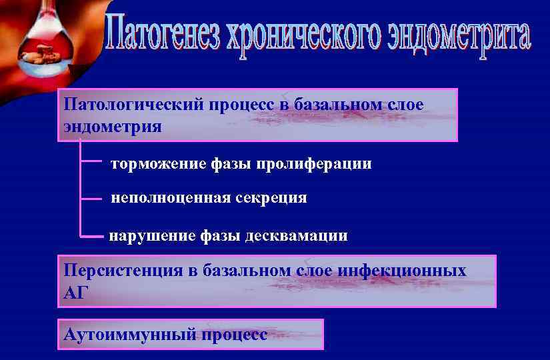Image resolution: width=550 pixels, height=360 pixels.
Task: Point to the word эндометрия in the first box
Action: coord(113,126)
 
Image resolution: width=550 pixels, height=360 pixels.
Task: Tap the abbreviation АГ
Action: coord(75,291)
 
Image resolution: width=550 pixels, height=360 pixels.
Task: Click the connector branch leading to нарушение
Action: coord(92,235)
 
